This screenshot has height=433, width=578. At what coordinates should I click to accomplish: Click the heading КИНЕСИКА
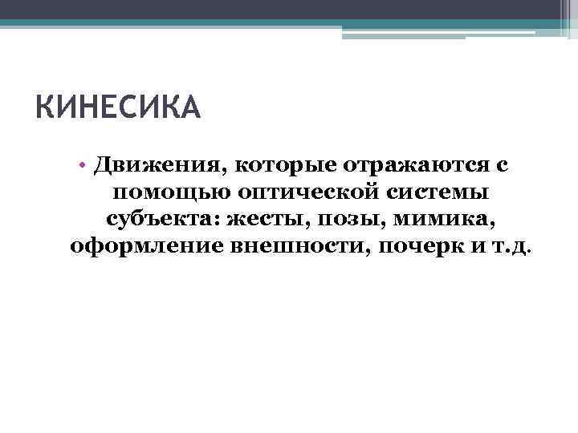118,107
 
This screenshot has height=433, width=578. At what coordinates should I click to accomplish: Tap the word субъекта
163,220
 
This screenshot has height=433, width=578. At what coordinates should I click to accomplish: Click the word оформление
143,246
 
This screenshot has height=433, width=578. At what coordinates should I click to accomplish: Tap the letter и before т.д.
478,246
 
